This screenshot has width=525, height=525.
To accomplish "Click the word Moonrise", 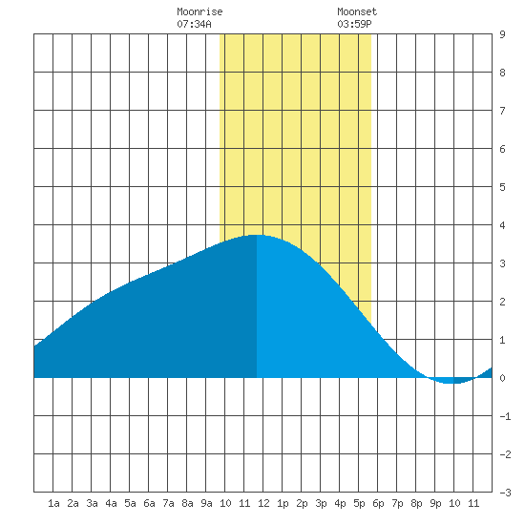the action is pyautogui.click(x=199, y=11).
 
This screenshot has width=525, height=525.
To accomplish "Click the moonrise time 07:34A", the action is pyautogui.click(x=194, y=24).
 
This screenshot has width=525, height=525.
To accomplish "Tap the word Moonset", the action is pyautogui.click(x=357, y=11).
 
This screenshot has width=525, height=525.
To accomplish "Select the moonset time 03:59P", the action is pyautogui.click(x=354, y=24).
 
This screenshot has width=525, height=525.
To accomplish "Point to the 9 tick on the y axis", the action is pyautogui.click(x=502, y=34).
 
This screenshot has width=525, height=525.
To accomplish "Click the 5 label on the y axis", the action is pyautogui.click(x=502, y=187).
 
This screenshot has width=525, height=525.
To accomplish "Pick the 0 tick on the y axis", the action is pyautogui.click(x=502, y=378).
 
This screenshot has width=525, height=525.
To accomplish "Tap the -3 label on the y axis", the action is pyautogui.click(x=505, y=493).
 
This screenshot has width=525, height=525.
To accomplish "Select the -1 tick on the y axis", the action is pyautogui.click(x=505, y=416).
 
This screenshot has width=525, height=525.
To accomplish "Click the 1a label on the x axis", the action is pyautogui.click(x=53, y=503).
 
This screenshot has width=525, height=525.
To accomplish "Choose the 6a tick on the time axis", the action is pyautogui.click(x=149, y=503).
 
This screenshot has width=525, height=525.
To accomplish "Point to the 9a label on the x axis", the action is pyautogui.click(x=206, y=503).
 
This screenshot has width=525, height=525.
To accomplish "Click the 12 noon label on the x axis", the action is pyautogui.click(x=263, y=503).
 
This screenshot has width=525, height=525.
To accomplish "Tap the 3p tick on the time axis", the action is pyautogui.click(x=321, y=503).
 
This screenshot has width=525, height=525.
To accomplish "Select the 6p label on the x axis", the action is pyautogui.click(x=378, y=503).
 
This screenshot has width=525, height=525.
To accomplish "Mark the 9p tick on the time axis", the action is pyautogui.click(x=435, y=503).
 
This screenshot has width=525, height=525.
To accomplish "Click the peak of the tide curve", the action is pyautogui.click(x=257, y=235).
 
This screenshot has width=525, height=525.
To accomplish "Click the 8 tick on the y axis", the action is pyautogui.click(x=502, y=73).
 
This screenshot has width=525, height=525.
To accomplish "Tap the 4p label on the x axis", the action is pyautogui.click(x=340, y=503).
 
